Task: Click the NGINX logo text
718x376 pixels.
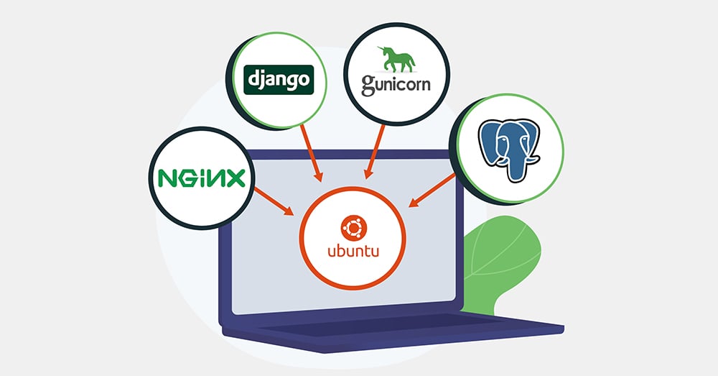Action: tap(201, 177)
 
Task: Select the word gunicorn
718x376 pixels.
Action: tap(396, 84)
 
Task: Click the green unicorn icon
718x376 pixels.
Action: tap(396, 60)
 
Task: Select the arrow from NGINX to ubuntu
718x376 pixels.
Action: tap(276, 201)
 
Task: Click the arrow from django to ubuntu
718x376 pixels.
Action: tap(309, 150)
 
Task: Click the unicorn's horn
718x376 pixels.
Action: tap(381, 47)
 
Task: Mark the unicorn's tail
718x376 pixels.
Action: tap(412, 63)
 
